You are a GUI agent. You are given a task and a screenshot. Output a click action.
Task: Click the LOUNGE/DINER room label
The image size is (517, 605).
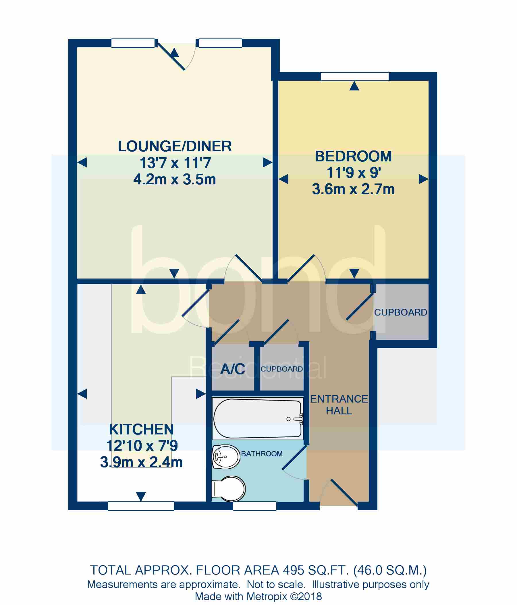[x=175, y=146]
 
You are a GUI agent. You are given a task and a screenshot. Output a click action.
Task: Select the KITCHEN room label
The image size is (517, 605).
[x=141, y=430]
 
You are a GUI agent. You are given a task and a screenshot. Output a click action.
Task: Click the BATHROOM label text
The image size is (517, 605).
[x=262, y=454]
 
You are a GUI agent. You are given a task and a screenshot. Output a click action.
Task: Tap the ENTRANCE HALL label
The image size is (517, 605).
[x=339, y=405]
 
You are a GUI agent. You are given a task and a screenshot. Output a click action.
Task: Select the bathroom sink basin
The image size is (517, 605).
[x=225, y=457]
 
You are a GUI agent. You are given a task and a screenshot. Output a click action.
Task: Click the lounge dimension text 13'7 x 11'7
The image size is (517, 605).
[x=175, y=163]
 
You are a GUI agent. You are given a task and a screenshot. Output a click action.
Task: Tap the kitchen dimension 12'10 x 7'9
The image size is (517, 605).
[x=142, y=446]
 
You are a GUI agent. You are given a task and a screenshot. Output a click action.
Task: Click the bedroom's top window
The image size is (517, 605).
[x=354, y=76]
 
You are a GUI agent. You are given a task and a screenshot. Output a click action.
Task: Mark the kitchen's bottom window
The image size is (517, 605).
[x=141, y=506]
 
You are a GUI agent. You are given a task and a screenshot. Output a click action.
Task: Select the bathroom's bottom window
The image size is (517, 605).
[x=254, y=506]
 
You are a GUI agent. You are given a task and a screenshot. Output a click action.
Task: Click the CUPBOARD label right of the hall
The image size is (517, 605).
[x=400, y=312]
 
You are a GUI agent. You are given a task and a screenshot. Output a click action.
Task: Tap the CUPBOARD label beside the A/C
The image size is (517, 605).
[x=281, y=369]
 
